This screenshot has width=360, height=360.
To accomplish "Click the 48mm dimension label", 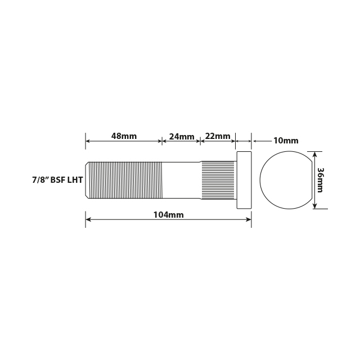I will pos(124,136).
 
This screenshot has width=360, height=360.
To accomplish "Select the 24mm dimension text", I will pos(182,137).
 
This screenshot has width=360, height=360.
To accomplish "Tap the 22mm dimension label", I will pos(218,136).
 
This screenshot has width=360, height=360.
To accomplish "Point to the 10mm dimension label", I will pos(286,141).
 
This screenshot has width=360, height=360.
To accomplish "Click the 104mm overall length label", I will pos(168,215).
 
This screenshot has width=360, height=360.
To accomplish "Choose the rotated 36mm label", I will pos(321,180).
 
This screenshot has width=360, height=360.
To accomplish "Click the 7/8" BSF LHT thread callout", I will pos(58,181).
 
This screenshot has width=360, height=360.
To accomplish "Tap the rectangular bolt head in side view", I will pos(244,180).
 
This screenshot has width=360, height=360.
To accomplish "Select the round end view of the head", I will pos(284,180).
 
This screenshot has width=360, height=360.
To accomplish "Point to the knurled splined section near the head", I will pos(218,180).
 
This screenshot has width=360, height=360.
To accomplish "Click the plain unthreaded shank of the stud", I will pos(182,180).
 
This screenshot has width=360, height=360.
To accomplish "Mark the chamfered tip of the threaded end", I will pos(87,180).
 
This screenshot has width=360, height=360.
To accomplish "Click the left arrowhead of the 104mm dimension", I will pos(88,219).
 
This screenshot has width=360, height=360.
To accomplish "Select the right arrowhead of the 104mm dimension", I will pos(249,219).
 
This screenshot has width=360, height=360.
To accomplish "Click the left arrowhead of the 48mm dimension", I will pos(88,141).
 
